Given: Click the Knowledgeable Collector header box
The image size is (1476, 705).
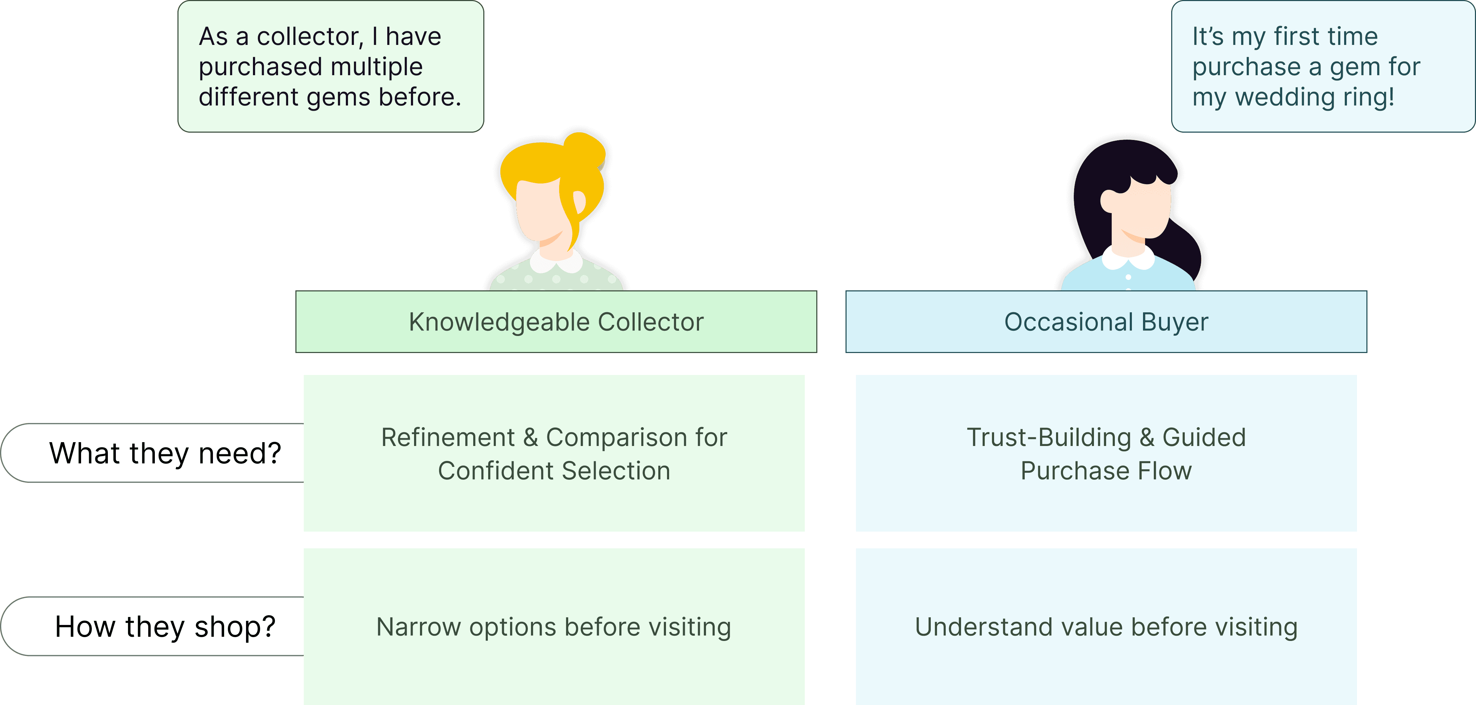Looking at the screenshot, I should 556,322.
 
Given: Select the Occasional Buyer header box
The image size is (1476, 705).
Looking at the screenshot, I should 1106,322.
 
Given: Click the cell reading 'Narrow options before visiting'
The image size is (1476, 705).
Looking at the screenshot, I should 554,626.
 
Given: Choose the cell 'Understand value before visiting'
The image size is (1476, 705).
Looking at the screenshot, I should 1106,626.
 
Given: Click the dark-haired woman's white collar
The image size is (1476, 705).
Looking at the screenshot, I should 1128,258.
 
